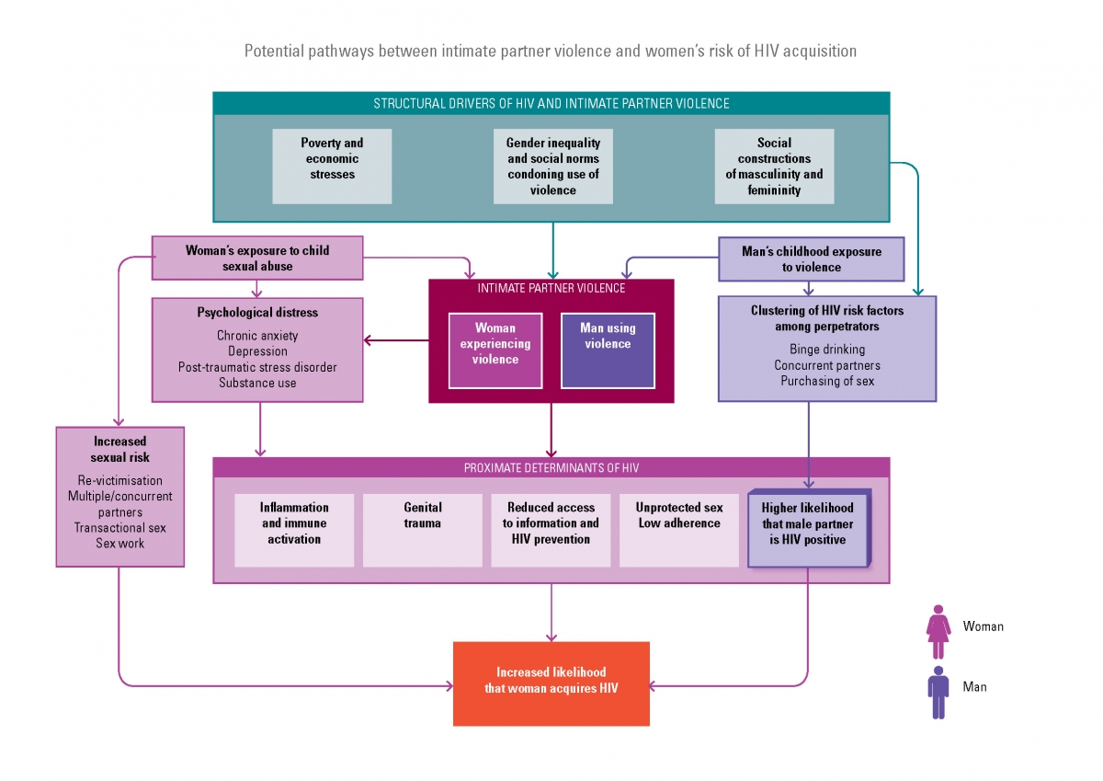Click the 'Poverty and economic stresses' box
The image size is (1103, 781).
[x=332, y=166]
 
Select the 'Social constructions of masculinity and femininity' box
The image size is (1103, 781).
[x=774, y=166]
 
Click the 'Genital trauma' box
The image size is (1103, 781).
[x=422, y=530]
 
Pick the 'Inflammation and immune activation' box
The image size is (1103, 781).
[x=294, y=530]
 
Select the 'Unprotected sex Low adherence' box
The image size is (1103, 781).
[x=678, y=530]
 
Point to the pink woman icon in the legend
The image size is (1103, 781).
[x=938, y=631]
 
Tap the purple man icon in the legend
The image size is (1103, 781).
[x=938, y=692]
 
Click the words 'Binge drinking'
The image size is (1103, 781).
[x=826, y=350]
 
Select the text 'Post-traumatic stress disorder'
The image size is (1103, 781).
[x=257, y=367]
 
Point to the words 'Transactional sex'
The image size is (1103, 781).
[x=120, y=528]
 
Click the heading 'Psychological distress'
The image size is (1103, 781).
[x=257, y=313]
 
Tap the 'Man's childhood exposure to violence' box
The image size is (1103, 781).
[x=811, y=259]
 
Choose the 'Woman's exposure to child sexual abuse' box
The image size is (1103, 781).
[x=257, y=258]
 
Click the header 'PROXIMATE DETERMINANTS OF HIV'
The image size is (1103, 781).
[x=551, y=468]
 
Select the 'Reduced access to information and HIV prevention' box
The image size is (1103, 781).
[x=551, y=530]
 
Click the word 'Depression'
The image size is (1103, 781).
[x=257, y=351]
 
